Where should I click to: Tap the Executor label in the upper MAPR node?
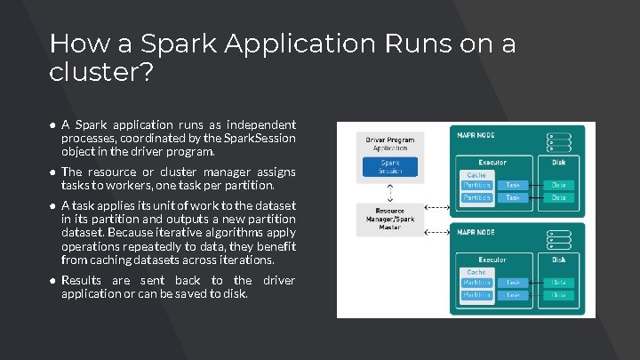tap(492, 162)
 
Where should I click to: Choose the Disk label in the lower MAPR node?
tap(557, 260)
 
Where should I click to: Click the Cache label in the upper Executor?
tap(476, 175)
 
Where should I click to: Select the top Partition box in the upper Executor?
tap(476, 185)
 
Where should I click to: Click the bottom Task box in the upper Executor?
tap(513, 197)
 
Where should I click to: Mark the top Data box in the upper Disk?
tap(557, 185)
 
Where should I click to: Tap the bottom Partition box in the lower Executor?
tap(476, 294)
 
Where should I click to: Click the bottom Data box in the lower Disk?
tap(557, 294)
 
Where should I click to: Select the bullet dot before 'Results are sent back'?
tap(53, 282)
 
